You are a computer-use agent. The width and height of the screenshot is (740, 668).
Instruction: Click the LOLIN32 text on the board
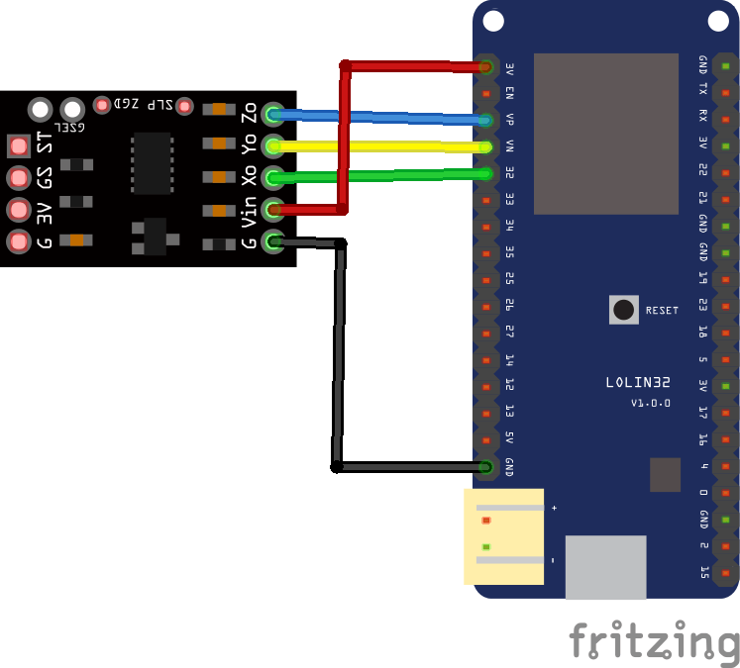(x=637, y=383)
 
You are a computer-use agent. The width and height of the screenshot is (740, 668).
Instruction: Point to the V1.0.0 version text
(x=651, y=404)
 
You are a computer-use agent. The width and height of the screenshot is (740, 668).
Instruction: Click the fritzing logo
(x=654, y=641)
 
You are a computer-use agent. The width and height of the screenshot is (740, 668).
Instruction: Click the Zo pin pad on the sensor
(x=272, y=114)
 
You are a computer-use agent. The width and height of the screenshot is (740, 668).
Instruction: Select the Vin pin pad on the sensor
(x=272, y=209)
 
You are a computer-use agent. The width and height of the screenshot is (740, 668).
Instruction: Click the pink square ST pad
(x=18, y=146)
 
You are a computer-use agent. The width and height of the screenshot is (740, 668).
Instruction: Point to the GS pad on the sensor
(x=18, y=178)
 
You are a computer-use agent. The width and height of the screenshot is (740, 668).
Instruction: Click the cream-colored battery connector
(x=504, y=536)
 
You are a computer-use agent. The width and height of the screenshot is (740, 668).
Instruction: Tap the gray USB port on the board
(x=605, y=567)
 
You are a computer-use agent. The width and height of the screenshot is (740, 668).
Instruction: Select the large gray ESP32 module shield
(x=605, y=134)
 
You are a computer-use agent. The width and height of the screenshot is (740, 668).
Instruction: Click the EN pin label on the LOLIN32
(x=509, y=94)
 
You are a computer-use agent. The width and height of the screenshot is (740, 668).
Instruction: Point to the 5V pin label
(x=509, y=438)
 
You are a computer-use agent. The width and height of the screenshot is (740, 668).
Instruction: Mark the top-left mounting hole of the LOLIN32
(x=492, y=21)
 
